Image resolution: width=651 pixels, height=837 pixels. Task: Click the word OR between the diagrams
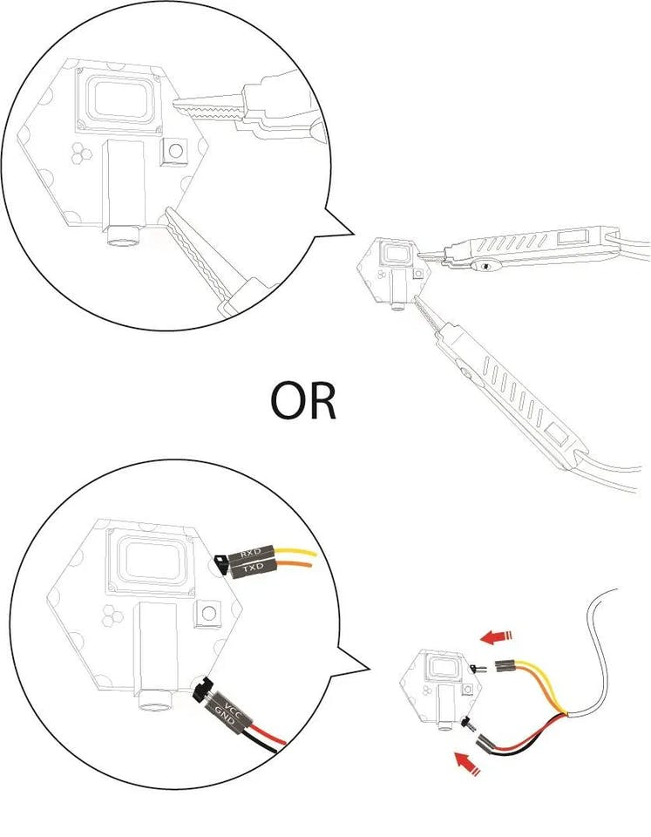point(303,400)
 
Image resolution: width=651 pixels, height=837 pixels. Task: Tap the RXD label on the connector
point(249,554)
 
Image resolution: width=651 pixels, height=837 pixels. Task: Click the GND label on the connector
point(225,718)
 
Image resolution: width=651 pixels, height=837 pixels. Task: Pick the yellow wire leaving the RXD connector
point(295,552)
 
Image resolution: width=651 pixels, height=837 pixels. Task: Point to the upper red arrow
point(496,636)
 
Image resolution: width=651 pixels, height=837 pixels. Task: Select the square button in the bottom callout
point(208,613)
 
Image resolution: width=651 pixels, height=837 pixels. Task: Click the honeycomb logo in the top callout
point(82,153)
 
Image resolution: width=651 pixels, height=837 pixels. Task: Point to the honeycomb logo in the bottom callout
point(112,616)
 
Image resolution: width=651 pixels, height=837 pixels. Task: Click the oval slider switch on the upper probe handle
point(486,265)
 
